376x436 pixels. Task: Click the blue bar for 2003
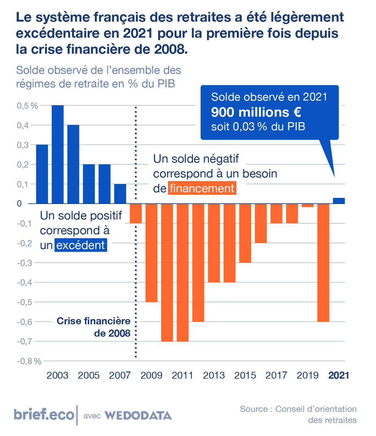point(58,154)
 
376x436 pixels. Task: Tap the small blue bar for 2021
point(339,201)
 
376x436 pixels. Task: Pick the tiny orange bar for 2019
point(308,205)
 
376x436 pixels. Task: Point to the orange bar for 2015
point(245,233)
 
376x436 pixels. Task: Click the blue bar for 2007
point(120,194)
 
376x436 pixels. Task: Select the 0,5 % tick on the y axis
point(27,106)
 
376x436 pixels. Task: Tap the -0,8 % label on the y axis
point(29,361)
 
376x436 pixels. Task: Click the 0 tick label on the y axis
point(19,203)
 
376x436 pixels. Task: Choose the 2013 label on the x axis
point(214,375)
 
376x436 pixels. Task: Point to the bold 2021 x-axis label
point(339,375)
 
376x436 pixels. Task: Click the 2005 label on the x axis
point(89,375)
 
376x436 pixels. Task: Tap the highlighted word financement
point(202,188)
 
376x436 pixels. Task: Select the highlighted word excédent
point(81,245)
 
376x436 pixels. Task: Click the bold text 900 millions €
point(256,112)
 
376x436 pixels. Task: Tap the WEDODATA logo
point(138,415)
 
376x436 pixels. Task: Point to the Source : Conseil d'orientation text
point(298,409)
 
